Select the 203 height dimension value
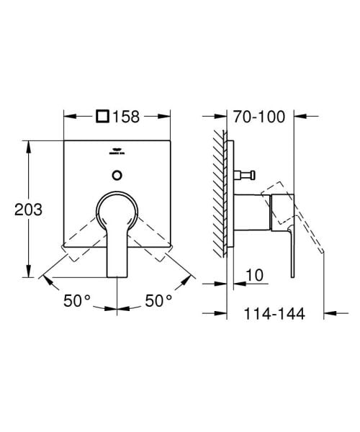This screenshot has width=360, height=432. [26, 210]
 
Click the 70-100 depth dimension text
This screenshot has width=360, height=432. [259, 115]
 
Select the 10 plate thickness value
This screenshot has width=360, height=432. [253, 274]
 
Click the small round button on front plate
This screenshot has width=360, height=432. [117, 173]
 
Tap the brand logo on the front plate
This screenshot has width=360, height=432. [117, 152]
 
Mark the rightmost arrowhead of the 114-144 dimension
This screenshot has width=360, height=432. [329, 313]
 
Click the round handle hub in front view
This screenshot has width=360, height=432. [117, 210]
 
